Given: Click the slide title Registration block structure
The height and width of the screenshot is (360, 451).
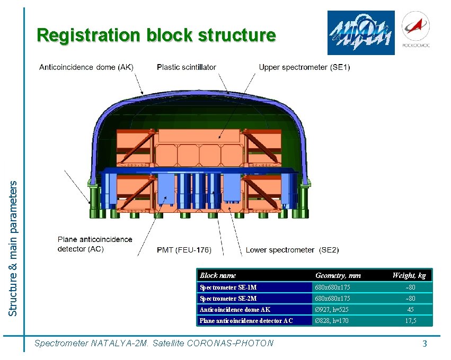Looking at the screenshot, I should click(156, 35).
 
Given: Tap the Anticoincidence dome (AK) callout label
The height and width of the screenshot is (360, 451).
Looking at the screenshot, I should click(86, 67).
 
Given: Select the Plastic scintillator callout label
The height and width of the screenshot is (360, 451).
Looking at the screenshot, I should click(187, 67).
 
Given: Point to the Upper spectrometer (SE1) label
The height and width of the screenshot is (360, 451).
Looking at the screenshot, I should click(304, 67).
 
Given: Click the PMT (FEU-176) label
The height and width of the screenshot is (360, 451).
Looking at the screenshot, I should click(184, 250).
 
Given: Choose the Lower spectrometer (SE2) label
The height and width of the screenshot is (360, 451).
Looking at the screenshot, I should click(292, 250).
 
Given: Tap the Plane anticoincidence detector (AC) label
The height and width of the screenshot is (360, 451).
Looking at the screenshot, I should click(95, 244).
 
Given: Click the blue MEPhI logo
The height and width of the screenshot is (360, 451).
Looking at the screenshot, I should click(361, 33).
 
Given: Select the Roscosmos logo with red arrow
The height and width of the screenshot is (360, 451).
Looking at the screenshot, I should click(416, 31).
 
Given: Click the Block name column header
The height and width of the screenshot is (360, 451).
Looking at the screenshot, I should click(217, 275).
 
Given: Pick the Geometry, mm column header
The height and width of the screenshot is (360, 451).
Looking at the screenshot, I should click(338, 275).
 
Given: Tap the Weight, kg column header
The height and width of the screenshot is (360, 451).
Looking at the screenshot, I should click(409, 275).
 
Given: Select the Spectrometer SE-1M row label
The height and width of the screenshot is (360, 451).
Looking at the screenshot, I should click(228, 287).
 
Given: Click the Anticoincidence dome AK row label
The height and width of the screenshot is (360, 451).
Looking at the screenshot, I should click(235, 310).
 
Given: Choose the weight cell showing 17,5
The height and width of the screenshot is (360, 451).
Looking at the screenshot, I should click(410, 321).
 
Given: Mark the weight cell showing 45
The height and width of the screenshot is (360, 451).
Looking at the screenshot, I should click(410, 310).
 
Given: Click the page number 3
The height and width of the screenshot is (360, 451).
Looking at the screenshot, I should click(425, 344).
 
